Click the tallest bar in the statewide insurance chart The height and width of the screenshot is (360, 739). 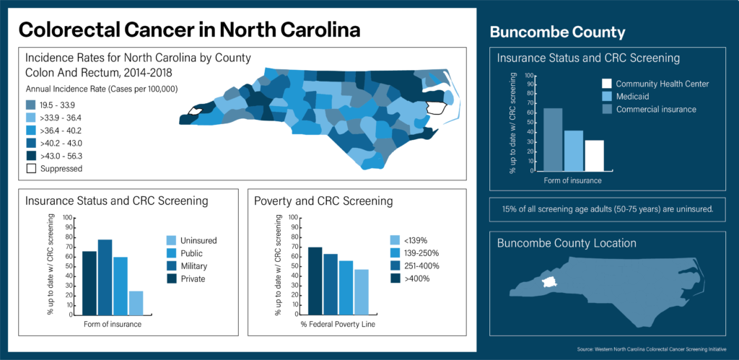click(x=105, y=277)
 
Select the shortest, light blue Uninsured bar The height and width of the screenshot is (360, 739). click(x=136, y=302)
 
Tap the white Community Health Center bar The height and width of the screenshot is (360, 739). click(x=595, y=155)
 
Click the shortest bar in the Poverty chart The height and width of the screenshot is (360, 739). click(x=362, y=291)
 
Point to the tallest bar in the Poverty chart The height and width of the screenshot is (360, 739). click(x=315, y=281)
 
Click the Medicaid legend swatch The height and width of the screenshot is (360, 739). click(x=607, y=96)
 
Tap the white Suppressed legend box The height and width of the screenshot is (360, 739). click(x=30, y=168)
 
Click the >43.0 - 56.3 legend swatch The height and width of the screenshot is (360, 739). click(x=30, y=155)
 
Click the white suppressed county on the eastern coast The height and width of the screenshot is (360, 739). click(x=435, y=108)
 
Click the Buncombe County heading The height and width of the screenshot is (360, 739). click(x=557, y=32)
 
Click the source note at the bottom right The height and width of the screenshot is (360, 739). click(x=657, y=350)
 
